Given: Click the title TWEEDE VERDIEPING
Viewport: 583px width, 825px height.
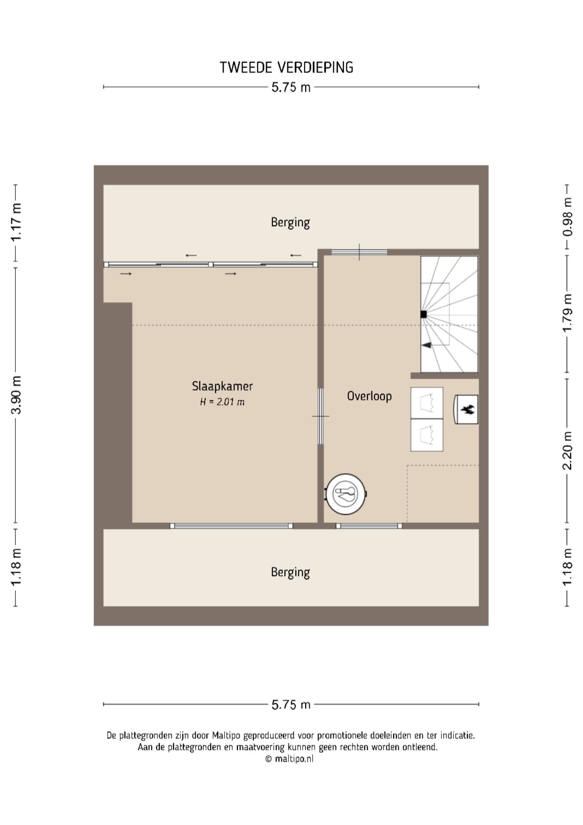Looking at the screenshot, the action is pos(286,67).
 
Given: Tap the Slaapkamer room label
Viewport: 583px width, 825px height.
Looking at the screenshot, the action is pos(222,386).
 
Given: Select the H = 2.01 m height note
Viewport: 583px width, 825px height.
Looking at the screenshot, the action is pos(222,402).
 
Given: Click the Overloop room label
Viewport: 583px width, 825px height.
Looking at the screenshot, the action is pos(369,396).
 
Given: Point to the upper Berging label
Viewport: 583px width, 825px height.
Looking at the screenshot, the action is pos(290,223).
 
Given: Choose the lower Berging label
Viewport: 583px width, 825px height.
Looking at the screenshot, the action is pos(290,572).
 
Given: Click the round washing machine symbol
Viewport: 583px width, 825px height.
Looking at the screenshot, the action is pos(346,494).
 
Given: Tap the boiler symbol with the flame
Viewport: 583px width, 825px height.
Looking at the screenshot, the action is pos(466,409).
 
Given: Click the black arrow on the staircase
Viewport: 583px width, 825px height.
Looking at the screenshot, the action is pos(426,345).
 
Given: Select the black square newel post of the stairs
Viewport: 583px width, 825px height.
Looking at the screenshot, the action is pos(423,314).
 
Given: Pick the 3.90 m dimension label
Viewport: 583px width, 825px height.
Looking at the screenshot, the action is pos(16,394).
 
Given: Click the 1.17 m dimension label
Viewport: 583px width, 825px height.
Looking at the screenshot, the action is pos(16,222).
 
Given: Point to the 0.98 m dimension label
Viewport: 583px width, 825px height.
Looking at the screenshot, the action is pos(567,217).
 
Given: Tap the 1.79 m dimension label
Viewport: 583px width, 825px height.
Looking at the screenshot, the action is pos(567,313).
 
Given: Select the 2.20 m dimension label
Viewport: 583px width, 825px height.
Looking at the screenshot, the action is pos(567,451).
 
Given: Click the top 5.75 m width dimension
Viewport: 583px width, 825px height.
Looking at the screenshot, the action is pos(291,87).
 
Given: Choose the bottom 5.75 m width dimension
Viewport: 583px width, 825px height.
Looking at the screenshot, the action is pos(291,705).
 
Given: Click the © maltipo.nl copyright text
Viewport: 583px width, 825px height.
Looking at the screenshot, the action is pos(289,759).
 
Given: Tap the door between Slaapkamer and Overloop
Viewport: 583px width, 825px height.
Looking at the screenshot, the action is pos(320,416).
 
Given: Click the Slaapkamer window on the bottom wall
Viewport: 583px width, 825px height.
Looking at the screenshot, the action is pos(231,526).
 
